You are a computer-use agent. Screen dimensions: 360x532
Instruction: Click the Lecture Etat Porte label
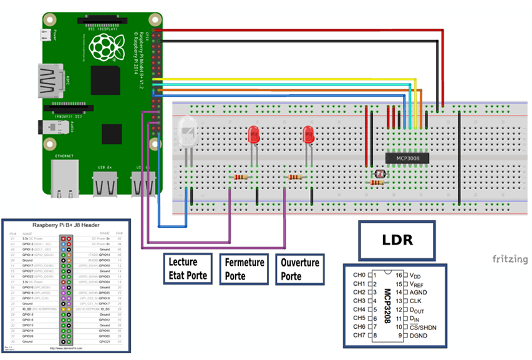(x=188, y=268)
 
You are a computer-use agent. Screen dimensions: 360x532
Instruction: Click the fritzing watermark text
(x=510, y=259)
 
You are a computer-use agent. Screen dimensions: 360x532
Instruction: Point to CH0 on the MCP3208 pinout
(x=359, y=275)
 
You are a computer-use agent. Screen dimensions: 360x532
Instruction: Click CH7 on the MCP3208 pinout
(x=359, y=335)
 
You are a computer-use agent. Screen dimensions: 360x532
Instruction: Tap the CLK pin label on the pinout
(x=416, y=301)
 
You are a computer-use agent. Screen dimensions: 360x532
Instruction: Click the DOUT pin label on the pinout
(x=418, y=309)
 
